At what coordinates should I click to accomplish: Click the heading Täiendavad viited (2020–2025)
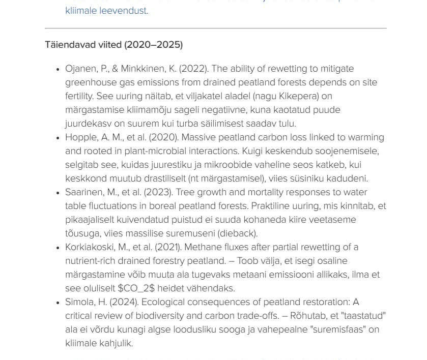point(113,45)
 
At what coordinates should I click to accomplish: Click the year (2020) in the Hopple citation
point(163,137)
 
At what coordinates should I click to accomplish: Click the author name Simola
point(78,302)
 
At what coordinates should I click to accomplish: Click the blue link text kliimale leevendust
point(106,11)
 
